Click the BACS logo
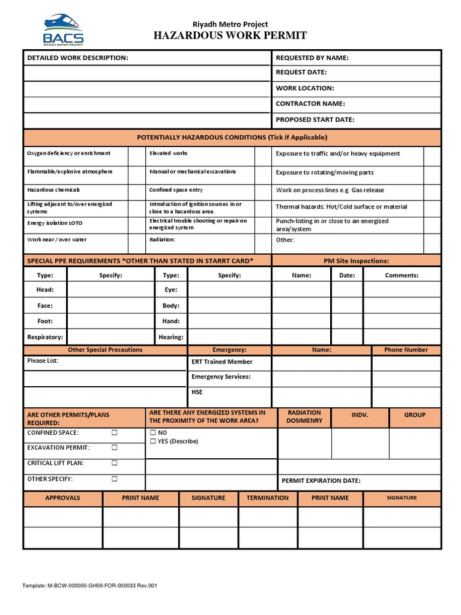tap(63, 30)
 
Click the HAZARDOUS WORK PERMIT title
tap(230, 36)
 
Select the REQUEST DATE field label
tap(301, 73)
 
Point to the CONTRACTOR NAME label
tap(310, 104)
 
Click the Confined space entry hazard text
tap(176, 190)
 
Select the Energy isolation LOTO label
tap(55, 223)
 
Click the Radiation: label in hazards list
tap(162, 240)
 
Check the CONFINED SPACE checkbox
tap(115, 432)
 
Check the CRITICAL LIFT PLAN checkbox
tap(115, 463)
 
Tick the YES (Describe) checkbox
tap(153, 441)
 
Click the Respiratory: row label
tap(45, 338)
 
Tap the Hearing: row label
tap(171, 338)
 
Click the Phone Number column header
tap(406, 350)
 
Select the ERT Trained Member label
tap(221, 362)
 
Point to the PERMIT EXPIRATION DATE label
tap(321, 480)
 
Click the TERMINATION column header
tap(267, 498)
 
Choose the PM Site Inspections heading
tap(356, 261)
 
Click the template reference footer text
tap(90, 586)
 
